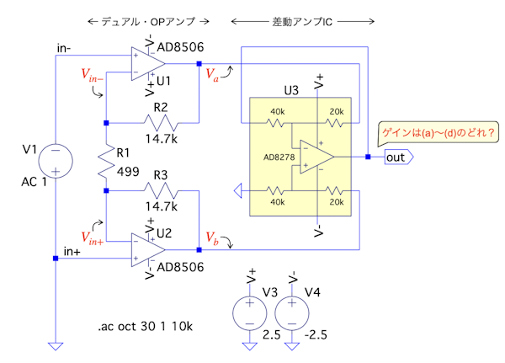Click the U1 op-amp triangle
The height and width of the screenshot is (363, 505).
coord(146,63)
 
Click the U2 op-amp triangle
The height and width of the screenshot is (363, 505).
coord(146,250)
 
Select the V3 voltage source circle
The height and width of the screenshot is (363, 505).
coord(250,312)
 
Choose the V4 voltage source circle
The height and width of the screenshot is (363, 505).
coord(292,312)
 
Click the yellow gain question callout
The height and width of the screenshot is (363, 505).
coord(438,132)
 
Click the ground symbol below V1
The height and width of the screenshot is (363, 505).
coord(56,345)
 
